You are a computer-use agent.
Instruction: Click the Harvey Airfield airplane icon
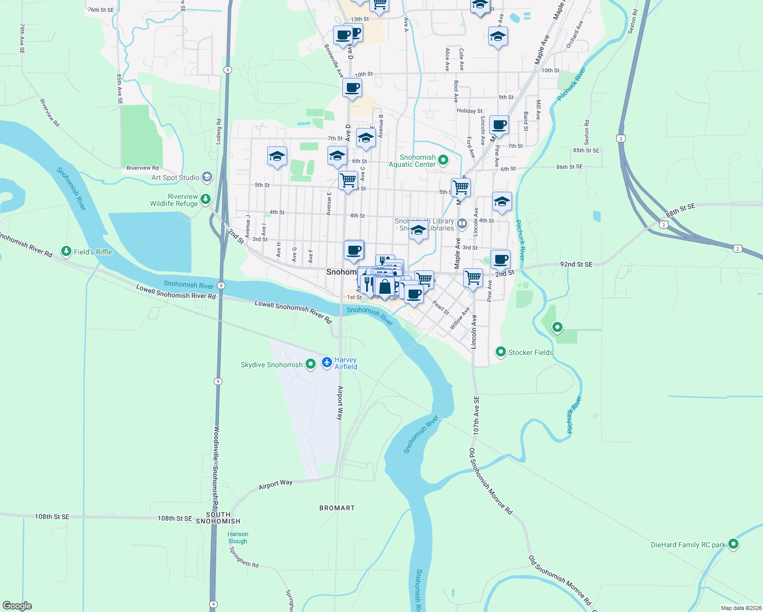click(327, 363)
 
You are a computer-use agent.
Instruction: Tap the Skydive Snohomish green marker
click(310, 364)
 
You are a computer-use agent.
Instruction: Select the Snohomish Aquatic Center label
click(413, 161)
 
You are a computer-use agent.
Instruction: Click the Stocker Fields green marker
click(501, 351)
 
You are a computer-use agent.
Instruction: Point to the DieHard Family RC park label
click(688, 545)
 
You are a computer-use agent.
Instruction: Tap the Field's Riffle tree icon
click(66, 251)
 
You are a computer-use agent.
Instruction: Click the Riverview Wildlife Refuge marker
click(206, 199)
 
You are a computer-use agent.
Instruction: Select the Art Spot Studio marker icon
click(207, 177)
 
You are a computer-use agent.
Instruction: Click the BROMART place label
click(337, 508)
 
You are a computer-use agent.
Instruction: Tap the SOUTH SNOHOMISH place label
click(218, 518)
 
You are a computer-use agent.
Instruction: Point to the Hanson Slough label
click(238, 538)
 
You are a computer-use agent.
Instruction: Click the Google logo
click(17, 605)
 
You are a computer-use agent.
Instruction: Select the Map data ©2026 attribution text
click(741, 608)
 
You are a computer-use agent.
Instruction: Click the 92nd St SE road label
click(576, 264)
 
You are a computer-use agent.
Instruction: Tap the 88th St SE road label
click(680, 210)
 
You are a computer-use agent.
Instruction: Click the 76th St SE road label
click(101, 10)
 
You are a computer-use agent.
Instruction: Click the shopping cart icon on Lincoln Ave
click(473, 277)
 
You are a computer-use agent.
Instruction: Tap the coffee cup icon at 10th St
click(352, 87)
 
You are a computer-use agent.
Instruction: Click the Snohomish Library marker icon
click(462, 223)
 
